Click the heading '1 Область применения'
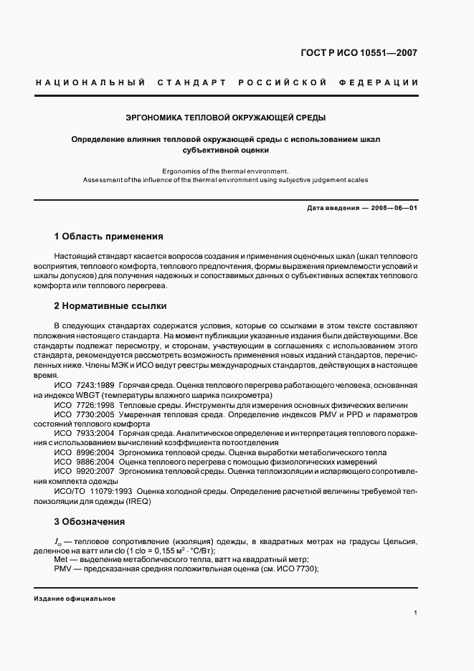click(x=109, y=236)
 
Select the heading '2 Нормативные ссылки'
click(x=110, y=306)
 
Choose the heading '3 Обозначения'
click(x=90, y=522)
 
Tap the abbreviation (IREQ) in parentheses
click(x=137, y=502)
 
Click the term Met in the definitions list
click(x=61, y=559)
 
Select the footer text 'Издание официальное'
click(x=75, y=598)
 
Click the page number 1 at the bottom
click(x=416, y=613)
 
